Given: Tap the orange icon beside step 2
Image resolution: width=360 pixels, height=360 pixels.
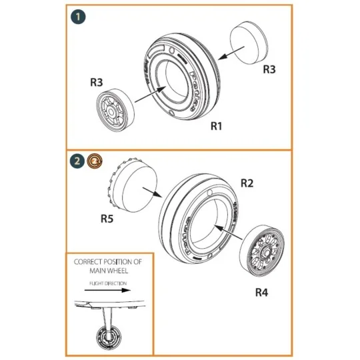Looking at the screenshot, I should tap(95, 161).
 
